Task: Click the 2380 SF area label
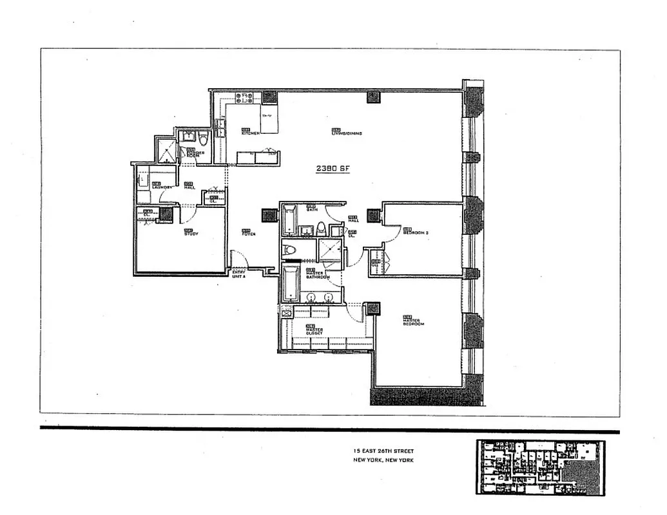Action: tap(333, 169)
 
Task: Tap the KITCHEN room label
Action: tap(251, 132)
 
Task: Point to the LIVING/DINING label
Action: tap(346, 133)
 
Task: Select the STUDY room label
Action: tap(191, 232)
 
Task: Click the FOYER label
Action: tap(248, 232)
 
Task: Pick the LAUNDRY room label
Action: tap(161, 187)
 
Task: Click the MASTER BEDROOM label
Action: tap(413, 321)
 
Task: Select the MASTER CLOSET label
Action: tap(314, 330)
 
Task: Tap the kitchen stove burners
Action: tap(244, 98)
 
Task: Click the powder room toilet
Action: tap(203, 139)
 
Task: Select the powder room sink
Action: tap(188, 136)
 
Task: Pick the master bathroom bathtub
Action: tap(291, 283)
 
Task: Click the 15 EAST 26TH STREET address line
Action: tap(383, 452)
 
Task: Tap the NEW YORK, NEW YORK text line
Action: tap(383, 460)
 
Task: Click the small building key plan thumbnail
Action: tap(541, 467)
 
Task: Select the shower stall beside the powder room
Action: tap(167, 151)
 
